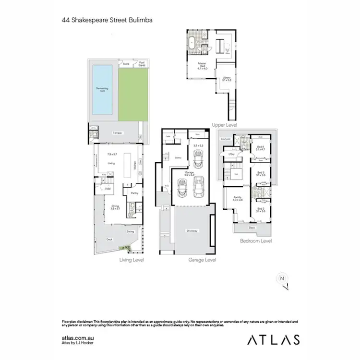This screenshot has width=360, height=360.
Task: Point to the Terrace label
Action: click(118, 133)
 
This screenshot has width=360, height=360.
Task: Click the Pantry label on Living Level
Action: click(134, 193)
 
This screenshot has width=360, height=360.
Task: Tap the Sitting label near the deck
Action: click(130, 231)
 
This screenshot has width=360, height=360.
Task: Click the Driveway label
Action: click(192, 231)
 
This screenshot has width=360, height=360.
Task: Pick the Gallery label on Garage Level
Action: click(178, 157)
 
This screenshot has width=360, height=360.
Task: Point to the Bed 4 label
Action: click(260, 148)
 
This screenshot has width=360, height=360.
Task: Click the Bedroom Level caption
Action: click(256, 241)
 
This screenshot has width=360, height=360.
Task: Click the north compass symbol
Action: click(282, 279)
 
